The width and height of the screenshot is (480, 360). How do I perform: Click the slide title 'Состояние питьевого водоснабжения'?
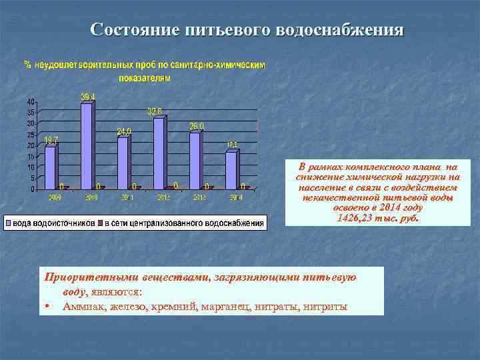point(247,30)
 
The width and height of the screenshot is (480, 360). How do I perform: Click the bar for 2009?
point(50,167)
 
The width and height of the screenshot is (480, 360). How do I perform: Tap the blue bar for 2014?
point(231,170)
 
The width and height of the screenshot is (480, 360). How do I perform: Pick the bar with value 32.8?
point(159,153)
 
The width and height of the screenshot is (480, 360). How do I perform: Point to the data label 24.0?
point(124,131)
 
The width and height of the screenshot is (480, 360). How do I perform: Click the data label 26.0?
point(197,126)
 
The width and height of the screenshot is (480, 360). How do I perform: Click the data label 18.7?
point(51,140)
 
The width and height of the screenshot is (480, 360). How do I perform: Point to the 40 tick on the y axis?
point(31,101)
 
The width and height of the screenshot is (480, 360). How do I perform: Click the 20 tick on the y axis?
point(31,145)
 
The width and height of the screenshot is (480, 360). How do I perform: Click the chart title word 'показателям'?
point(145,78)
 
